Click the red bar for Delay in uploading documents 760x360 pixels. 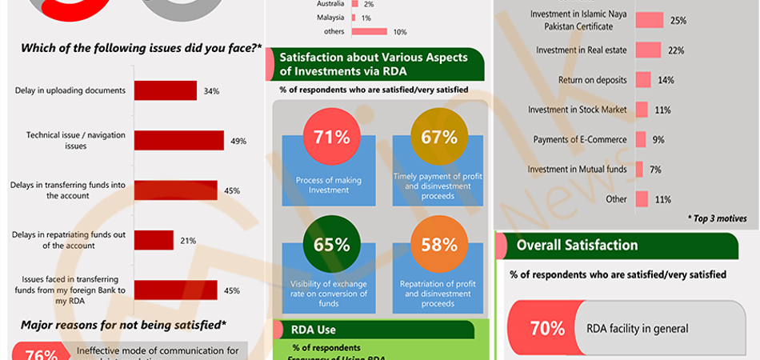[x=165, y=90]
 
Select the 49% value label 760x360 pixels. [x=238, y=141]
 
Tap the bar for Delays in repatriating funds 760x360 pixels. [x=154, y=240]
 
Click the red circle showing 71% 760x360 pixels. [x=331, y=137]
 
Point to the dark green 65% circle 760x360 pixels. [x=331, y=245]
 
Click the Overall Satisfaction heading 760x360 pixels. [x=577, y=246]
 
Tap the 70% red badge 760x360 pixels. [x=548, y=328]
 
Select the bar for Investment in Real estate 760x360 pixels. [x=648, y=50]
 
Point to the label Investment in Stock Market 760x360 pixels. [x=577, y=110]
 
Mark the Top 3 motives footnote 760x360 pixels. [x=717, y=218]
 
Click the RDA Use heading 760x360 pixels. [x=314, y=329]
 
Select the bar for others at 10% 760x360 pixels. [x=370, y=32]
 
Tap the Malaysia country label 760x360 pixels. [x=330, y=18]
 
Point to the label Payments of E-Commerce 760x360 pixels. [x=580, y=140]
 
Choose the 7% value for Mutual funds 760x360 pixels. [x=655, y=170]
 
